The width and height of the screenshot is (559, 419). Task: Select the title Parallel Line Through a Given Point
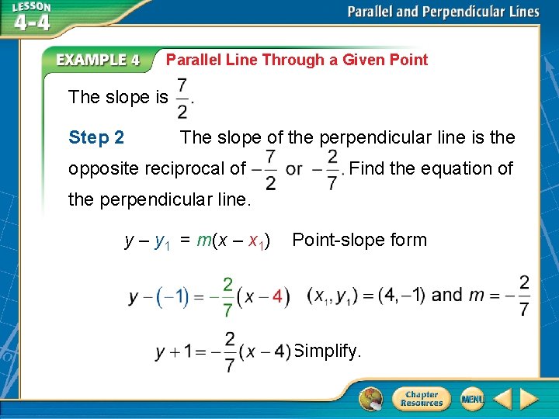297,60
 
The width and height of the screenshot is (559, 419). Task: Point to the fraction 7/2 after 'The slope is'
182,98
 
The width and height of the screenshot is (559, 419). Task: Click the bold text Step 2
96,138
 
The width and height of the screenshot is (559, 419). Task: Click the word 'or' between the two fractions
294,168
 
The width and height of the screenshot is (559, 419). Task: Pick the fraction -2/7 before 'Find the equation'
328,168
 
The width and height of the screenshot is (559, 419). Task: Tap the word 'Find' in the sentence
369,168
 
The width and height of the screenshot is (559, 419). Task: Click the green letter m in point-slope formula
204,241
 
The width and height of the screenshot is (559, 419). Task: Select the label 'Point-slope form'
359,240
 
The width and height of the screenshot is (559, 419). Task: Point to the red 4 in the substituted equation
277,297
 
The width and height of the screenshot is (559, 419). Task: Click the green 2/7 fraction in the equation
227,297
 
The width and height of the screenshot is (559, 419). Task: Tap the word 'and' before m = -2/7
446,295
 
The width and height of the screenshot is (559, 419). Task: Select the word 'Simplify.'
329,351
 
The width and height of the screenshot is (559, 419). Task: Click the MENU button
472,399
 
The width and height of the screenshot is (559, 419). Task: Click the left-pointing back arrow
502,399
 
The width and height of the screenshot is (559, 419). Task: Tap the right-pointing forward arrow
529,399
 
